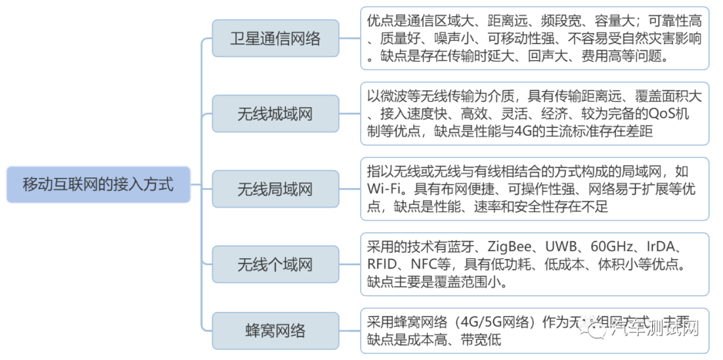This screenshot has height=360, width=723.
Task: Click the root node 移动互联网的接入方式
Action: (x=98, y=185)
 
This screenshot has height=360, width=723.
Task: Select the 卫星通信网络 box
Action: (x=275, y=38)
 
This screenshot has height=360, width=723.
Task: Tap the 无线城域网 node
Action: (x=275, y=114)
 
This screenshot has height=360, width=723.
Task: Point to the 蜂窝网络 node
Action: (x=275, y=331)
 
